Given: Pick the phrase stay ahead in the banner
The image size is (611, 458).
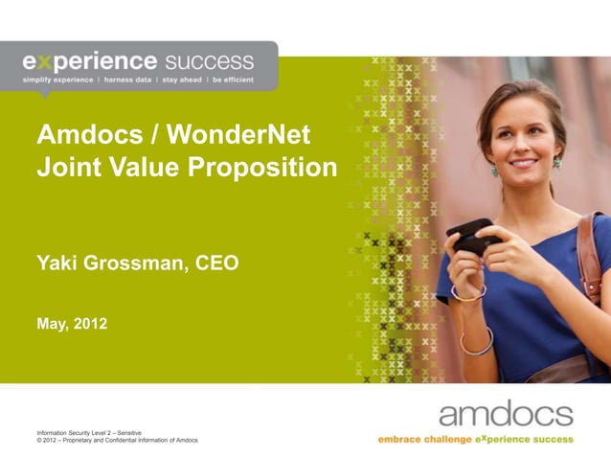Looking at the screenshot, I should point(182,80).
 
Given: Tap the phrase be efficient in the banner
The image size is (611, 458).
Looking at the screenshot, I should point(233,80).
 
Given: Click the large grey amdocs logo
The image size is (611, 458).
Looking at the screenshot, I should point(506,414).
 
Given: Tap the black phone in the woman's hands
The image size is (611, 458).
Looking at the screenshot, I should point(470,234).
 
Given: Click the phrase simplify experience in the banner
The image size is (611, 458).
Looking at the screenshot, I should point(57,80).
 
